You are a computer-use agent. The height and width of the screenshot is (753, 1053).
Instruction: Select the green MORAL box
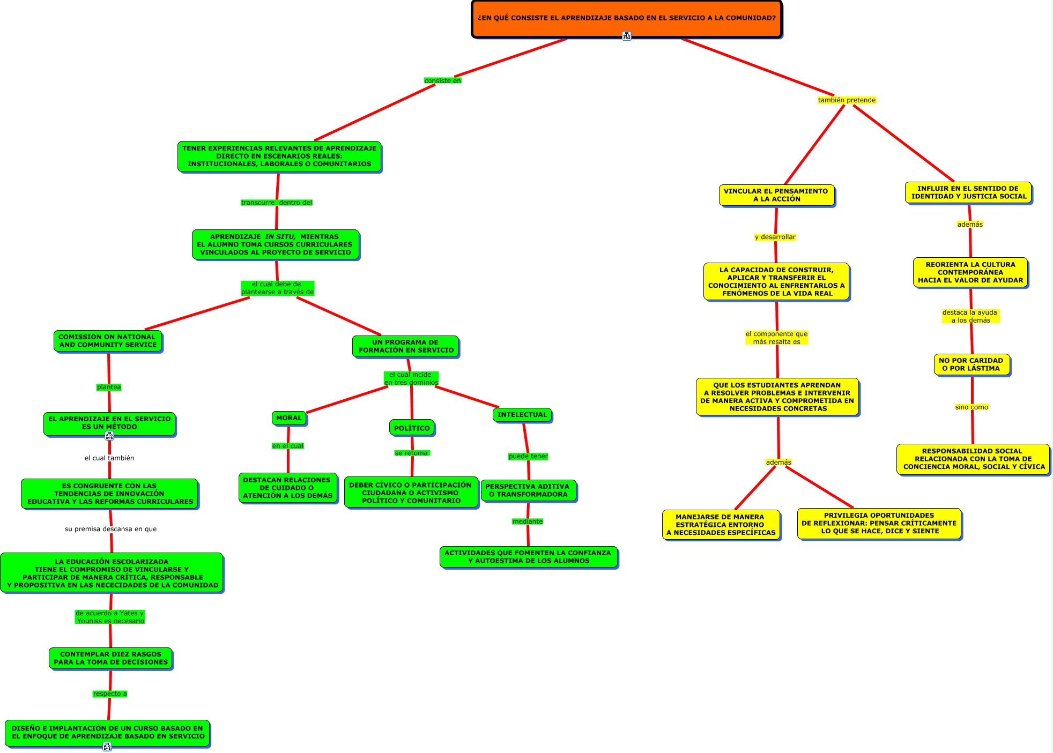coord(289,418)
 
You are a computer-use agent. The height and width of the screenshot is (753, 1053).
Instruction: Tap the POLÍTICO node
coord(412,428)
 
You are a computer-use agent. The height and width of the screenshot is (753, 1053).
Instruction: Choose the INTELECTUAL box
coord(522,415)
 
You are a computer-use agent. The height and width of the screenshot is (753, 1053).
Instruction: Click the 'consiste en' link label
coord(442,81)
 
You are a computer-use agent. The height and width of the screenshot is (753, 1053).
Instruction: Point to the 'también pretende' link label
coord(847,100)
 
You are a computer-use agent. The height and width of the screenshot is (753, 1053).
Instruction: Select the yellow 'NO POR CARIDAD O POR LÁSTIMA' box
coord(971,364)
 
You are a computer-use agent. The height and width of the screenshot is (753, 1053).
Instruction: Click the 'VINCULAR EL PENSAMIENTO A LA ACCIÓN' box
coord(776,195)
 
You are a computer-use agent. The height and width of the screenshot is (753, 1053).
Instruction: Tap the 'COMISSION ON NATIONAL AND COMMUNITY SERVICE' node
coord(107,341)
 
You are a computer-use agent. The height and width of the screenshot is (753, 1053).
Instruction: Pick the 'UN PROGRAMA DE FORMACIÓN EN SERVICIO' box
coord(406,346)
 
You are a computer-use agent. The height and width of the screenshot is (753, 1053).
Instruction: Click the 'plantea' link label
coord(109,387)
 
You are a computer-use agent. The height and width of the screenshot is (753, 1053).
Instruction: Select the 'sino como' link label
coord(972,407)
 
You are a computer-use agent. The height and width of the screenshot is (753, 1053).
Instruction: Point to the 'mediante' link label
coord(528,521)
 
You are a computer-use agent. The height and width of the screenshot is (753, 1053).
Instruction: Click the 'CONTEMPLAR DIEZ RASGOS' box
coord(110,658)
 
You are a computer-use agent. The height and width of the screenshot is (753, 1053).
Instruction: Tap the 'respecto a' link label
coord(110,694)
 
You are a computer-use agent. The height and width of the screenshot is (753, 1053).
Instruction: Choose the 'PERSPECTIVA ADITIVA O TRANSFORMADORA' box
coord(528,490)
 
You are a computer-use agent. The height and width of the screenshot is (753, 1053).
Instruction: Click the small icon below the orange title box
coord(627,36)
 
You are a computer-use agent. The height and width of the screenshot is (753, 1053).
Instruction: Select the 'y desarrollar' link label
coord(775,237)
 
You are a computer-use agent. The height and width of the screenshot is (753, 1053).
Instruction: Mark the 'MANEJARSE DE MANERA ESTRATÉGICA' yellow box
coord(721,525)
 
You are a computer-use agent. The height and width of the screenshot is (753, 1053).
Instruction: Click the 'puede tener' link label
coord(528,457)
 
